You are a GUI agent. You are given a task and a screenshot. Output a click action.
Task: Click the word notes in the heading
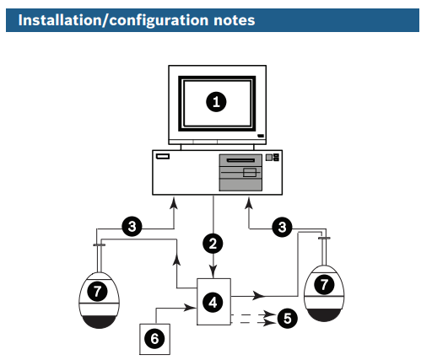pos(235,20)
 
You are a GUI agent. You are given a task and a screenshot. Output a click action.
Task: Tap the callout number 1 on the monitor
pos(216,102)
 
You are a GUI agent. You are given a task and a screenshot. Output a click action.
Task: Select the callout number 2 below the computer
pos(213,244)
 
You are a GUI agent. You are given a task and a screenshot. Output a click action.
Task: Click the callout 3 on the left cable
pos(132,227)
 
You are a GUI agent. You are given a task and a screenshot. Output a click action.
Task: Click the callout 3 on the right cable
pos(282,227)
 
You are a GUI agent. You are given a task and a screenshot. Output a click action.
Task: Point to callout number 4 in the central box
pos(213,303)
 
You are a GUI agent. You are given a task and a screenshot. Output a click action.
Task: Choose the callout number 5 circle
pos(288,319)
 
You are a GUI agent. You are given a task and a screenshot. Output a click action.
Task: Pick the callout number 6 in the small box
pos(154,339)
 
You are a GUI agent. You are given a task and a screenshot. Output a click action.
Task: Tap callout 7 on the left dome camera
pos(97,292)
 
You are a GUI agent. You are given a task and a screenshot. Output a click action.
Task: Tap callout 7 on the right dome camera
pos(324,285)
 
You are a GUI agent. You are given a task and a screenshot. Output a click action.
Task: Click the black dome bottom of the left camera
pos(99,322)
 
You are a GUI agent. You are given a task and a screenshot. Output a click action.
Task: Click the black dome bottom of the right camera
pos(324,315)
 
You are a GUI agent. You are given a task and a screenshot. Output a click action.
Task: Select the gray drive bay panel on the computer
pos(240,173)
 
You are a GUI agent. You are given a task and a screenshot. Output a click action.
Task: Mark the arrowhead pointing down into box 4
pos(213,272)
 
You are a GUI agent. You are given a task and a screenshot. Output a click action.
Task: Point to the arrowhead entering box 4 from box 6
pos(190,308)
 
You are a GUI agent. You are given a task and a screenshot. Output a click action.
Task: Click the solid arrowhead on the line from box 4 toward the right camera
pos(259,296)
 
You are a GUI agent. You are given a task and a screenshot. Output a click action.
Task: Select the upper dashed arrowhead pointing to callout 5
pos(270,314)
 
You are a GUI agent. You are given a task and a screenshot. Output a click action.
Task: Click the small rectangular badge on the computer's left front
pos(163,156)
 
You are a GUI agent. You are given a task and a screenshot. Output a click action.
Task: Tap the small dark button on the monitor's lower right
pos(261,136)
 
